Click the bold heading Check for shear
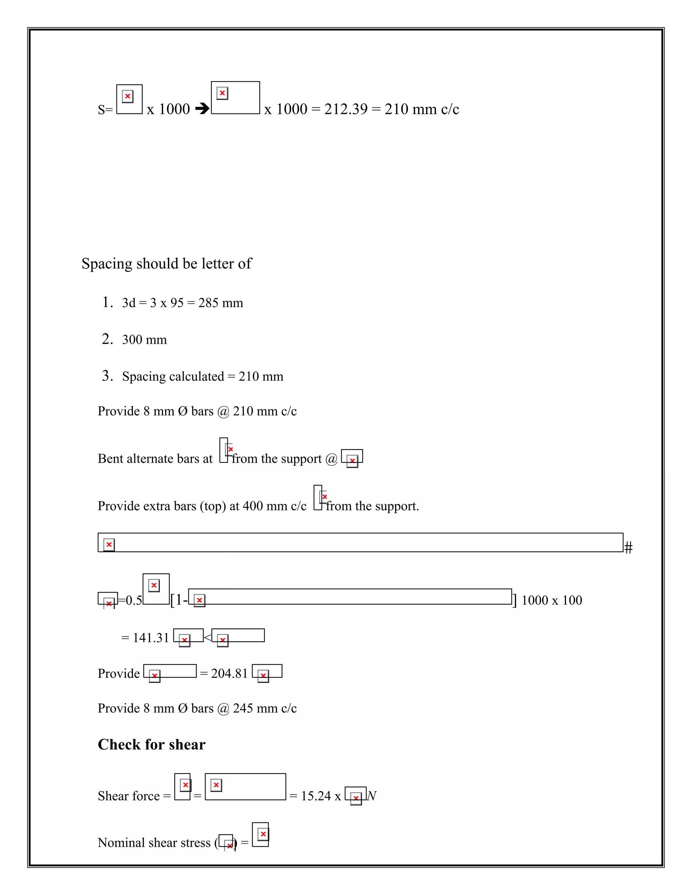click(151, 745)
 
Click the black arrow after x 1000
click(202, 109)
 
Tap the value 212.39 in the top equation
click(346, 109)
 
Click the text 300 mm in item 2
click(144, 340)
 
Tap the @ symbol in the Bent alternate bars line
click(331, 459)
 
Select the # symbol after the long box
click(628, 547)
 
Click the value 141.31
click(151, 638)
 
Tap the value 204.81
click(229, 673)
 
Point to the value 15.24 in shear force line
click(316, 796)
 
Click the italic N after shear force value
click(371, 796)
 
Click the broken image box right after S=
click(129, 99)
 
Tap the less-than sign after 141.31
click(207, 637)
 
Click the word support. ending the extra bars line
click(398, 506)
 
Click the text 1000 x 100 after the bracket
click(551, 600)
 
